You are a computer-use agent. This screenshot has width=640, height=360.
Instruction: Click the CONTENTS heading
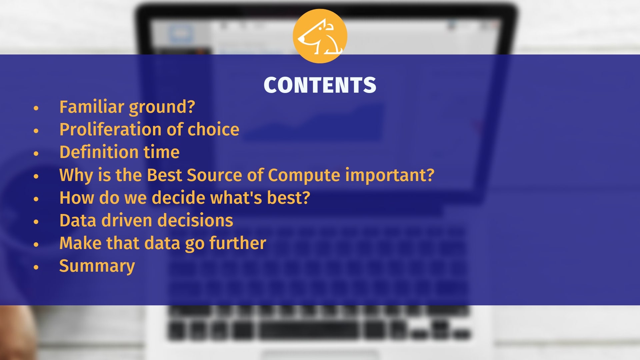click(320, 85)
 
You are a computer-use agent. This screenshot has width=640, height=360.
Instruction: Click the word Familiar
click(92, 107)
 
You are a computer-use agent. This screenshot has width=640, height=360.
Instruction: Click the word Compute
click(304, 175)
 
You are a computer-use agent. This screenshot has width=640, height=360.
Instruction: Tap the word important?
click(390, 175)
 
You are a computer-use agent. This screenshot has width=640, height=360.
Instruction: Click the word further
click(238, 243)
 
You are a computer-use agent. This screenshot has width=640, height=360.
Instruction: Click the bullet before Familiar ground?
click(36, 108)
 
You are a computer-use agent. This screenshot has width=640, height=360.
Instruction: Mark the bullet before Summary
click(36, 267)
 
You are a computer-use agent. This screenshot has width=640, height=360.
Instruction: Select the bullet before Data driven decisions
click(36, 222)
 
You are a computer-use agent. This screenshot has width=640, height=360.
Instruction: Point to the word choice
click(213, 129)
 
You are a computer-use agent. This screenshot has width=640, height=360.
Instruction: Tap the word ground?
click(162, 107)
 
